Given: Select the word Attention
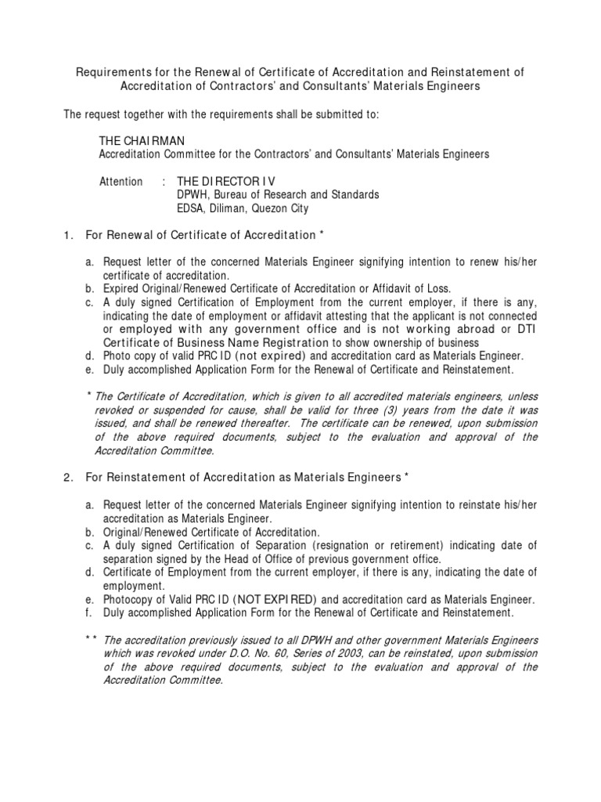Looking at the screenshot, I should point(121,182).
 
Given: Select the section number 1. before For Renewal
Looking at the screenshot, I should point(68,235).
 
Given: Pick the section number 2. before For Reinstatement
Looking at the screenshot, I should point(68,477).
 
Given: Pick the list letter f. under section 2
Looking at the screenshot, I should point(89,612).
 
